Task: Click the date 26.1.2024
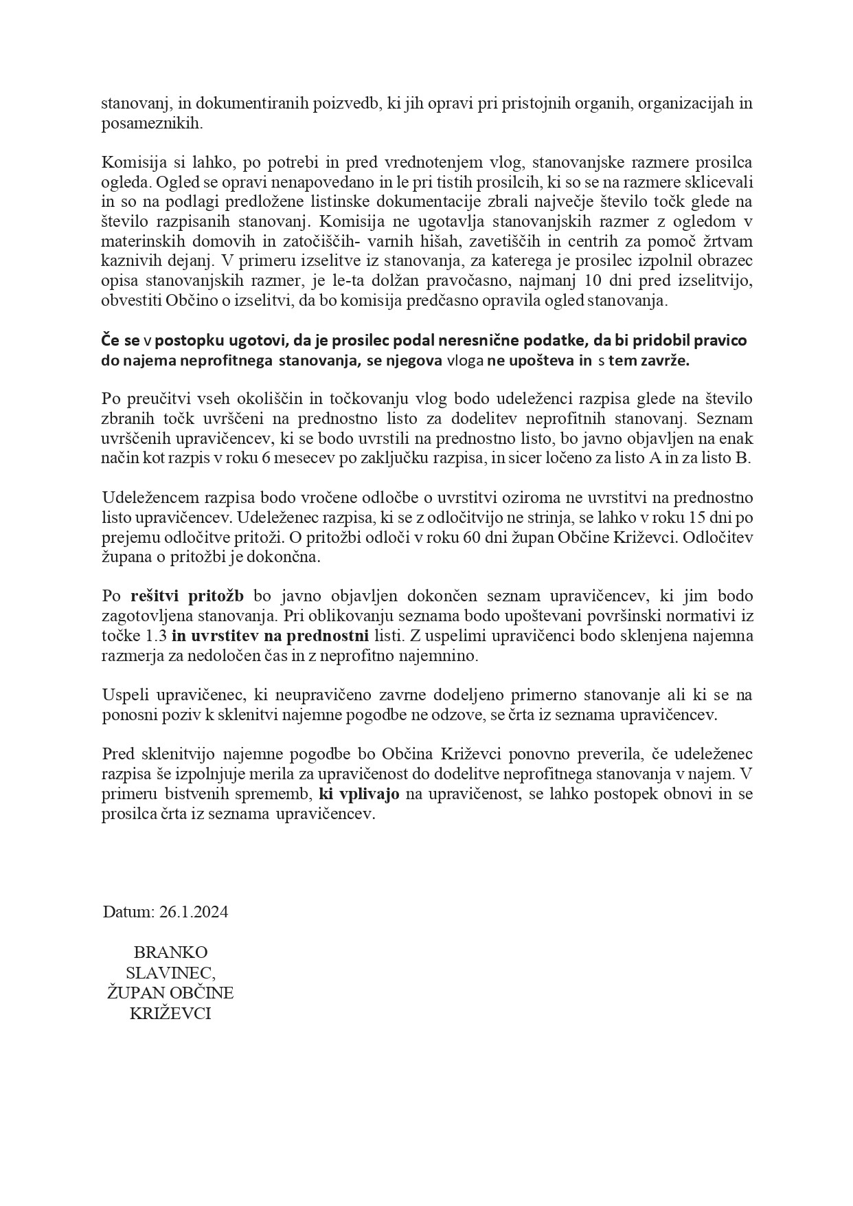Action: pos(194,912)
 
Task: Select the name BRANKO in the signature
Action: pos(170,952)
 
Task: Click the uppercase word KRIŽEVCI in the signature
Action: pos(170,1013)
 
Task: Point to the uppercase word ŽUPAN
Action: pos(133,993)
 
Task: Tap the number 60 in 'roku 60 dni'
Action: pos(414,537)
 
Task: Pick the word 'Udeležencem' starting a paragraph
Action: pos(146,498)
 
